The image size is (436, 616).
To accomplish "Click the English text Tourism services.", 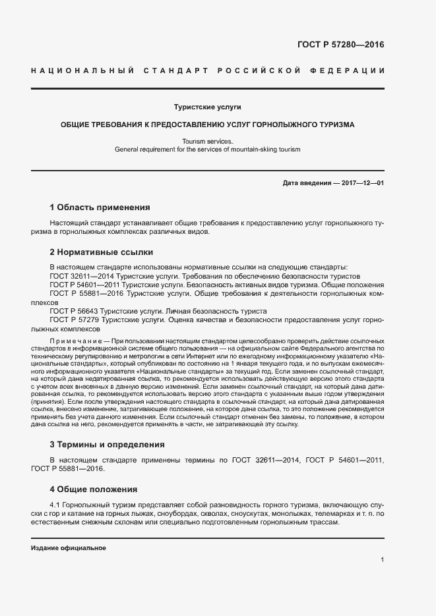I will [208, 142].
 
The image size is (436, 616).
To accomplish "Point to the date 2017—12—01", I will [363, 182].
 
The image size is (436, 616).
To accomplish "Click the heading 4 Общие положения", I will [94, 490].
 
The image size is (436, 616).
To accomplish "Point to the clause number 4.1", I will [55, 505].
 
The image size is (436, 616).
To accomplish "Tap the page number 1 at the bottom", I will [382, 559].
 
